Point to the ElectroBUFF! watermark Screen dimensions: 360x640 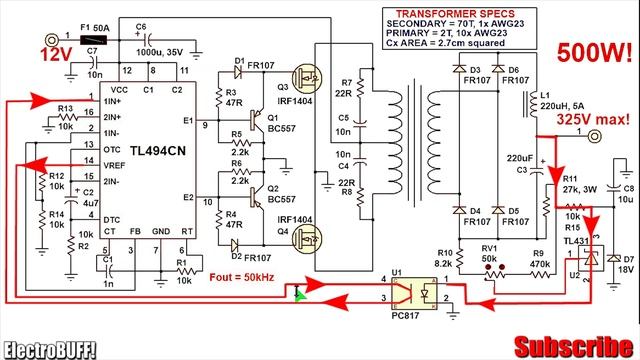[51, 348]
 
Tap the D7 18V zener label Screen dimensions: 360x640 [626, 263]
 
